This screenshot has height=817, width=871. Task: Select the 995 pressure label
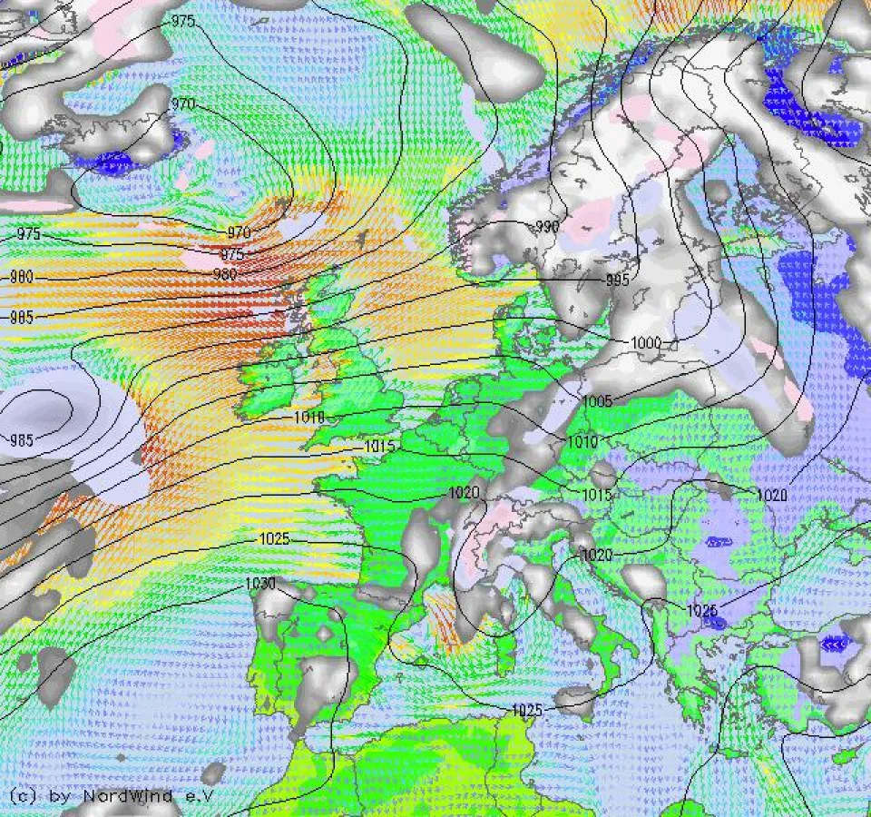point(617,281)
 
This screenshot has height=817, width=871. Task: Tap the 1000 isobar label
point(647,342)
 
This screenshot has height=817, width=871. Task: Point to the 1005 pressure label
point(597,401)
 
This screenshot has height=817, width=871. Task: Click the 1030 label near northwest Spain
point(260,584)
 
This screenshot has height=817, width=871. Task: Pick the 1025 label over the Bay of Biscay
point(274,538)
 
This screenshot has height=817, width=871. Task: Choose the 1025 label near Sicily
point(527,709)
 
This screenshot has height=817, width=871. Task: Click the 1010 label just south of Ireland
point(309,417)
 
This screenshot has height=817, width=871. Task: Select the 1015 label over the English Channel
point(379,447)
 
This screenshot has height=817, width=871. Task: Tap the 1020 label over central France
point(464,493)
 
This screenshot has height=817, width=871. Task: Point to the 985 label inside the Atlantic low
point(22,441)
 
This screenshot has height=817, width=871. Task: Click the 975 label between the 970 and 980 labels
point(233,255)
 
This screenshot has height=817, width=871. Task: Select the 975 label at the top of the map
point(182,21)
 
